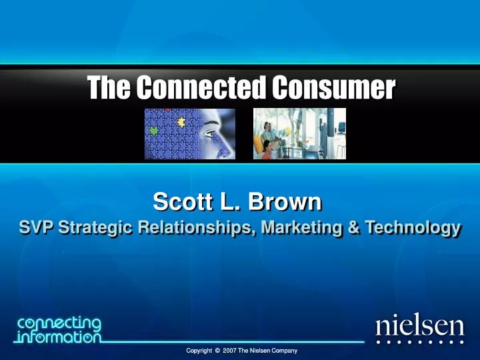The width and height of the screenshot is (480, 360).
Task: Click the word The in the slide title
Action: pyautogui.click(x=109, y=87)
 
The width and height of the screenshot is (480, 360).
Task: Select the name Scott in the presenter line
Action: pyautogui.click(x=178, y=201)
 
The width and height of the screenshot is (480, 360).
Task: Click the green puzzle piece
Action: pyautogui.click(x=155, y=131)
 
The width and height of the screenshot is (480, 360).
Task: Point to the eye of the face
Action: pyautogui.click(x=211, y=134)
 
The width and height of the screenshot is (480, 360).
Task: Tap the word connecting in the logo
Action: pyautogui.click(x=60, y=323)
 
